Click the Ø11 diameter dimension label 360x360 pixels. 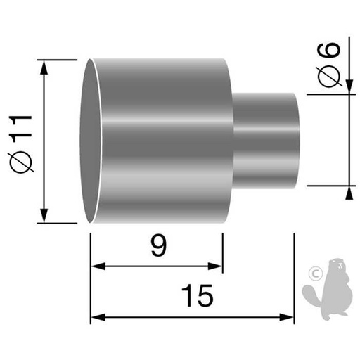pyautogui.click(x=22, y=141)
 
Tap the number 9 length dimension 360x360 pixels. pyautogui.click(x=160, y=247)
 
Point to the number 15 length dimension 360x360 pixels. pyautogui.click(x=199, y=296)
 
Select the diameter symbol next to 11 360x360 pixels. pyautogui.click(x=22, y=162)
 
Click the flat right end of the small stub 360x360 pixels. pyautogui.click(x=297, y=141)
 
